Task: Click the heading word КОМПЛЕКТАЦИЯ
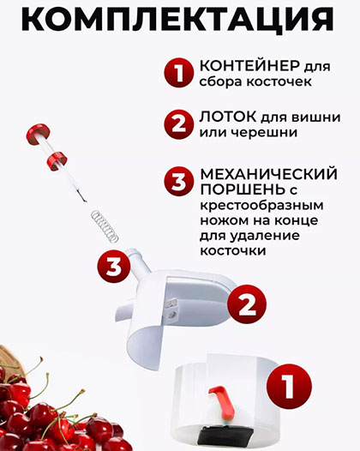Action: point(177,19)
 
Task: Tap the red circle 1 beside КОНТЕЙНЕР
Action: point(178,73)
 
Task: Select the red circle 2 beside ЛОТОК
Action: point(178,124)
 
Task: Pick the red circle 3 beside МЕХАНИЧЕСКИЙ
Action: point(178,182)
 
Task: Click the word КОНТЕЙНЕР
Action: point(249,66)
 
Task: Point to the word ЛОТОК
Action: point(228,117)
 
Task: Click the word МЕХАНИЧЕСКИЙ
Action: point(269,174)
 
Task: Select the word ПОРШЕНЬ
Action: point(241,189)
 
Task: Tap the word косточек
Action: point(279,82)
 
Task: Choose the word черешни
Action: point(265,133)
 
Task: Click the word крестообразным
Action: point(261,206)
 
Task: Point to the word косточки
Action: point(233,251)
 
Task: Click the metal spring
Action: point(105,225)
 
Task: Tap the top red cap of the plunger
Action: point(39,134)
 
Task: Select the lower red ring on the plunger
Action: point(57,161)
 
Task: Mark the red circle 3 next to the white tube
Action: point(114,267)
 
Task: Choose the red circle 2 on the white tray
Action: point(247,304)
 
